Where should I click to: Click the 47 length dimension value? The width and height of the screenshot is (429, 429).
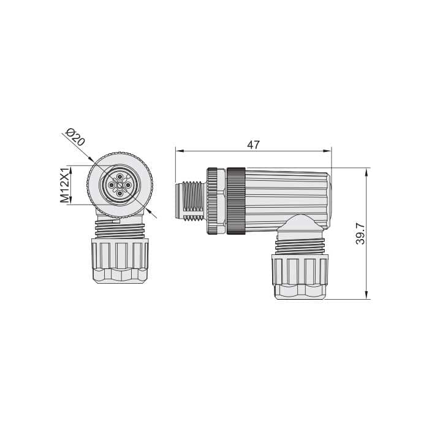[253, 145]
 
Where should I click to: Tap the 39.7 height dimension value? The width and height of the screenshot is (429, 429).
[360, 233]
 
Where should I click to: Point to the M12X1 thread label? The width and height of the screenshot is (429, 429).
[65, 185]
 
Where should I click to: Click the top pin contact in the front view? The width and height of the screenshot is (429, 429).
[120, 177]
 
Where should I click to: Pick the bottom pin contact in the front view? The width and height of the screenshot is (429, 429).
[120, 194]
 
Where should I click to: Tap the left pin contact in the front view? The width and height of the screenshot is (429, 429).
[112, 185]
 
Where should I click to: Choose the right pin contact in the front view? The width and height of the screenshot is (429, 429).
[127, 185]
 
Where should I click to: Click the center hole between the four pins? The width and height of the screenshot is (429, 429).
[120, 185]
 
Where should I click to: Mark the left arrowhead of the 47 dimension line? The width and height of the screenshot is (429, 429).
[179, 151]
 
